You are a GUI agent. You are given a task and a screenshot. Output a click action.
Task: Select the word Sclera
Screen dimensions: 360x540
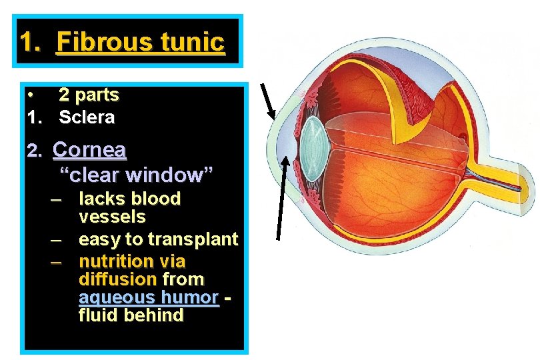[87, 118]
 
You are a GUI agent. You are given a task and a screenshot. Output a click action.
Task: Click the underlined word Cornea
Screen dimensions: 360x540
[89, 150]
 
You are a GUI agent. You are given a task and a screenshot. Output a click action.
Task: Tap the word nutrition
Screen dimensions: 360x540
[113, 261]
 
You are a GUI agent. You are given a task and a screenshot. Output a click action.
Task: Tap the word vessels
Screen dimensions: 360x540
[112, 217]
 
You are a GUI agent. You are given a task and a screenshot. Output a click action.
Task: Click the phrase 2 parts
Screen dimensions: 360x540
[89, 95]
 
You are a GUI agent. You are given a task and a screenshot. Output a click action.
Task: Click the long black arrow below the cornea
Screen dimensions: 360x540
[282, 197]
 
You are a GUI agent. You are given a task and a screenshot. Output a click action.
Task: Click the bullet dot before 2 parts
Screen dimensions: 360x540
[31, 95]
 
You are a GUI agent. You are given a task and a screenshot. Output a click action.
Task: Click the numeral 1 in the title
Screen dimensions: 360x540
[27, 42]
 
